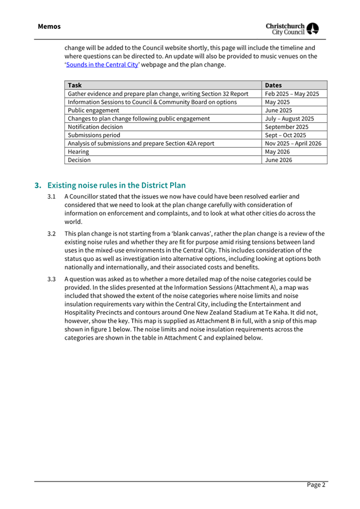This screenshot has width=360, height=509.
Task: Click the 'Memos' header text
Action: pyautogui.click(x=49, y=26)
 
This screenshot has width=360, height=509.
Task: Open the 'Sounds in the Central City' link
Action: pyautogui.click(x=101, y=65)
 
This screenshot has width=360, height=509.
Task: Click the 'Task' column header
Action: pyautogui.click(x=75, y=85)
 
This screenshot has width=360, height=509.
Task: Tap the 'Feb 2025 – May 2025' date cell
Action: pyautogui.click(x=292, y=93)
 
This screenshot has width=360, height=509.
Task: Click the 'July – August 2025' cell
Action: pyautogui.click(x=289, y=118)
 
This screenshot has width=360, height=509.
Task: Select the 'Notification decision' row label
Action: pyautogui.click(x=95, y=127)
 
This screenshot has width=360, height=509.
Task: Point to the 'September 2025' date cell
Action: pyautogui.click(x=286, y=127)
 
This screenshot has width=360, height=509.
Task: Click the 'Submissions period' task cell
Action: pyautogui.click(x=94, y=135)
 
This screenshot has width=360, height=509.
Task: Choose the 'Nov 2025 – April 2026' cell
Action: pyautogui.click(x=294, y=143)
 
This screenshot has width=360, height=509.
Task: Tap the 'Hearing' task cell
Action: pyautogui.click(x=78, y=152)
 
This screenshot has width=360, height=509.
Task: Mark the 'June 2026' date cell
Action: pyautogui.click(x=278, y=160)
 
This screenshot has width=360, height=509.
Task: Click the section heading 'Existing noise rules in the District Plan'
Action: pyautogui.click(x=116, y=186)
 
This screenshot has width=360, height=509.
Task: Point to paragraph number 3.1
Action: pyautogui.click(x=52, y=196)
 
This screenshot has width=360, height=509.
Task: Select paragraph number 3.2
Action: pyautogui.click(x=52, y=234)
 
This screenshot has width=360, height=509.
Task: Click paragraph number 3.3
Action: pyautogui.click(x=52, y=279)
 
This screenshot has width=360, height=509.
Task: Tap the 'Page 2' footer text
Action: pyautogui.click(x=315, y=485)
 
